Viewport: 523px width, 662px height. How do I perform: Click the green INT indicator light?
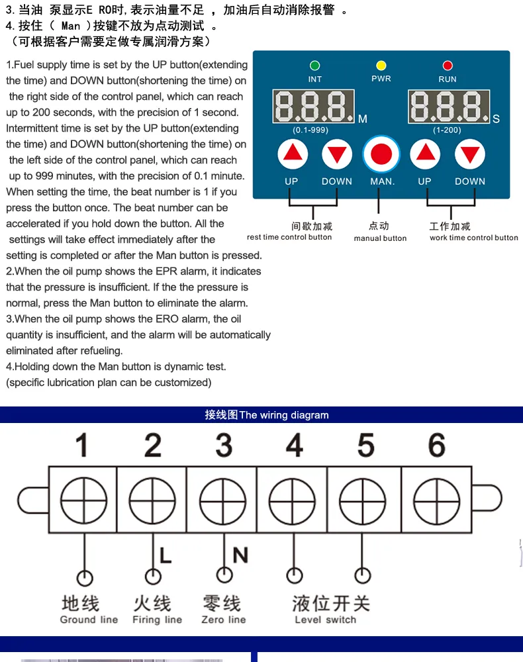click(315, 66)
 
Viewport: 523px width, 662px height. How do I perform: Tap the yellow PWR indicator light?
click(381, 66)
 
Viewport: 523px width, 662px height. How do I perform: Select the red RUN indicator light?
click(448, 66)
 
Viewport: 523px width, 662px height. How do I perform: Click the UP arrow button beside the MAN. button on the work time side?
click(425, 155)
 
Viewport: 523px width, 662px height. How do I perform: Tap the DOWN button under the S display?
click(470, 155)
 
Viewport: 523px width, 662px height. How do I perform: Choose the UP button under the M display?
click(292, 155)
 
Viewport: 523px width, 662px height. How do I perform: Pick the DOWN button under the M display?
click(337, 155)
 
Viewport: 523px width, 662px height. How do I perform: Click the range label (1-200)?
click(447, 130)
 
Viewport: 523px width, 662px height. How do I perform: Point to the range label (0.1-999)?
click(310, 130)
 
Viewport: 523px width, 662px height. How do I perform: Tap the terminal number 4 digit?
click(295, 446)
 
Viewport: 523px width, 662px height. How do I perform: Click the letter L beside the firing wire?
click(166, 554)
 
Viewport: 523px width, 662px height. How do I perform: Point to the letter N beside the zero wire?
click(240, 554)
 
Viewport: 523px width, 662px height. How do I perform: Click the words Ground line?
click(89, 620)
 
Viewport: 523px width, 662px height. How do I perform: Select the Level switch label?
click(325, 620)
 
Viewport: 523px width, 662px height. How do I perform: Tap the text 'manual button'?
click(380, 238)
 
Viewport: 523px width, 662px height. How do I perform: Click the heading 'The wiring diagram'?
click(284, 416)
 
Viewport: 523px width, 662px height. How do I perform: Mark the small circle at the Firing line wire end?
click(153, 577)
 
